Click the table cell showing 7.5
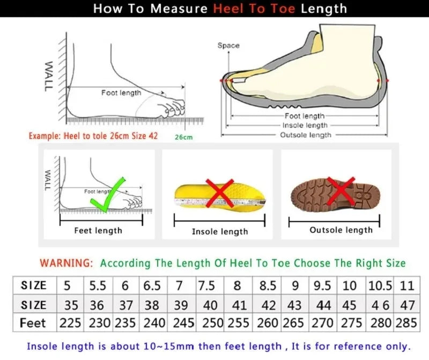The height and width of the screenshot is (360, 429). [207, 285]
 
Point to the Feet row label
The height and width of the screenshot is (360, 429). [33, 324]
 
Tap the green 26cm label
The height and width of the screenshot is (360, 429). [183, 137]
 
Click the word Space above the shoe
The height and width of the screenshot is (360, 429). [228, 46]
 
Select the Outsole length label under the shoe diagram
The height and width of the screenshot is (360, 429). [306, 135]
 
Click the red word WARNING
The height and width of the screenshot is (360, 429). [66, 263]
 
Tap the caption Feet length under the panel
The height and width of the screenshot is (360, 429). [98, 231]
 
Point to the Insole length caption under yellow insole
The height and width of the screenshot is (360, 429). [220, 232]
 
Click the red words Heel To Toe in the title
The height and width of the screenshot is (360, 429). [255, 9]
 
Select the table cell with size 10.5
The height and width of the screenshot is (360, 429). [380, 285]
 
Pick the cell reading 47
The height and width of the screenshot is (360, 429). [408, 305]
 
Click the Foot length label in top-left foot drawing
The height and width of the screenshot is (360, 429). [121, 93]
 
